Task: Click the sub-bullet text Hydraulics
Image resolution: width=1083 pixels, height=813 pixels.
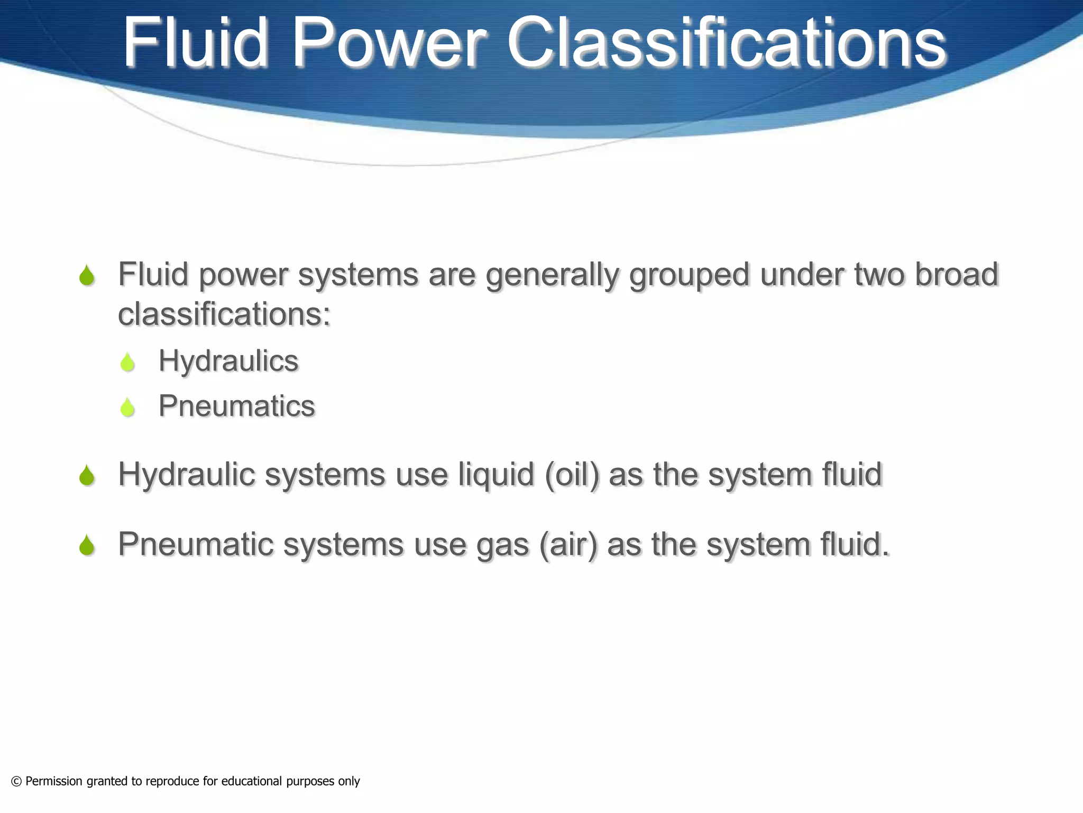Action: pyautogui.click(x=228, y=362)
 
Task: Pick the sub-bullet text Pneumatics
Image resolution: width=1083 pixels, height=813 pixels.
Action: pyautogui.click(x=236, y=406)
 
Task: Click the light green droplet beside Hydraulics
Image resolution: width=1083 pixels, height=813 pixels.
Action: pyautogui.click(x=127, y=363)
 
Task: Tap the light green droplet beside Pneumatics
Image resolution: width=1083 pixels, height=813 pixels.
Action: pyautogui.click(x=127, y=408)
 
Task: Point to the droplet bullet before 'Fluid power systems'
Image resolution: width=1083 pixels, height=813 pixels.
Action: pyautogui.click(x=87, y=276)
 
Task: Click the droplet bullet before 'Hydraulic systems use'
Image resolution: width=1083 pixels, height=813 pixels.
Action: pyautogui.click(x=87, y=475)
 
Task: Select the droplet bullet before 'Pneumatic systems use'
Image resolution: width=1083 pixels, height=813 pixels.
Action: pyautogui.click(x=87, y=545)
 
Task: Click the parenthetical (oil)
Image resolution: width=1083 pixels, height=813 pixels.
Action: pyautogui.click(x=572, y=475)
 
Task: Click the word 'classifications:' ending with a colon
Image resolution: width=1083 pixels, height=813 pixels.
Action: pyautogui.click(x=224, y=314)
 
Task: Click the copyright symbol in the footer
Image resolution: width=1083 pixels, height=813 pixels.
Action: pyautogui.click(x=16, y=781)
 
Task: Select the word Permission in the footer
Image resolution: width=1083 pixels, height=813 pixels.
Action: pyautogui.click(x=54, y=781)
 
